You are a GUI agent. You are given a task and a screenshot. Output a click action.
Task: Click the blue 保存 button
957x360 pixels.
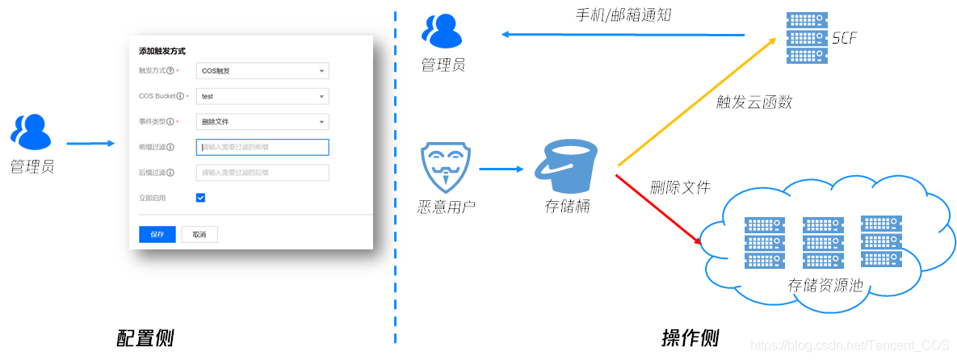[x=157, y=234]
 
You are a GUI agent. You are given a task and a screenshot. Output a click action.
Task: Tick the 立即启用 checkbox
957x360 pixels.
[x=200, y=197]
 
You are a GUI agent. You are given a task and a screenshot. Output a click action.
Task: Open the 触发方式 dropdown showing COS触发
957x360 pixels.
[x=262, y=71]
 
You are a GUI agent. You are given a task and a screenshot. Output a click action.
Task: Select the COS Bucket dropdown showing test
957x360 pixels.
[x=262, y=97]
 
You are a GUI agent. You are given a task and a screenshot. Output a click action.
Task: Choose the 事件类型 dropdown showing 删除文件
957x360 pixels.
[x=262, y=122]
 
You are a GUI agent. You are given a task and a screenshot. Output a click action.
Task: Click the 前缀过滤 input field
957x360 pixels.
[x=262, y=147]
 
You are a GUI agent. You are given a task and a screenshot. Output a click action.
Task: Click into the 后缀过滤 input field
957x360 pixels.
[x=262, y=172]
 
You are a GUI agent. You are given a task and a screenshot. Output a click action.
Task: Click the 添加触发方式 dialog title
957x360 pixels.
[x=162, y=51]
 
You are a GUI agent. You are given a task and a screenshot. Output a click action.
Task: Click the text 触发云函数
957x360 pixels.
[x=754, y=102]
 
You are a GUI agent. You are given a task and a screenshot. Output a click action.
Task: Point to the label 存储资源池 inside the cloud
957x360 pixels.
[x=825, y=285]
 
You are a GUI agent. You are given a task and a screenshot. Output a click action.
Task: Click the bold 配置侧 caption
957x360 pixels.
[x=145, y=337]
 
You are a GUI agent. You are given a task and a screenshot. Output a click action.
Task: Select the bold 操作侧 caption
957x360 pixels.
[x=690, y=337]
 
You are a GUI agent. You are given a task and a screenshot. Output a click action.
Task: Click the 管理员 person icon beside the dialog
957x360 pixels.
[x=31, y=133]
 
